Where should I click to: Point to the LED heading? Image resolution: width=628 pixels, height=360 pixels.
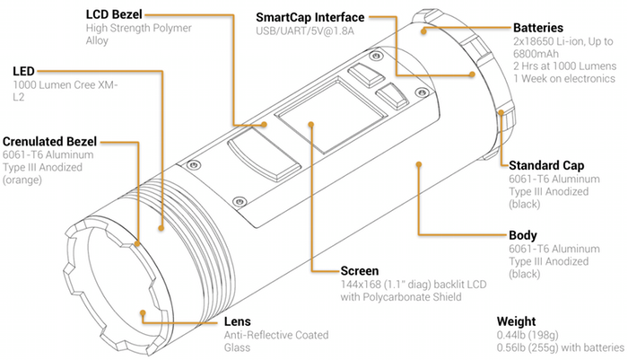pos(23,71)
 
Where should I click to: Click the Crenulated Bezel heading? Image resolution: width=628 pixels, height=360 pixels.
pos(50,141)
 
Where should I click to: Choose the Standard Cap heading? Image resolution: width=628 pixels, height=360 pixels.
pos(547,165)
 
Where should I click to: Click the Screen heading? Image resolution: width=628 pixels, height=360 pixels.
pos(362,270)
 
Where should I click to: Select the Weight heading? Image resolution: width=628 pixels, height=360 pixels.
pos(519,320)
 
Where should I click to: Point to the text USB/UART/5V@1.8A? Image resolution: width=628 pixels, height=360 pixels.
pos(305,33)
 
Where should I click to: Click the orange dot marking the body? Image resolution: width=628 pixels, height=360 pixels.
pos(418,164)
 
